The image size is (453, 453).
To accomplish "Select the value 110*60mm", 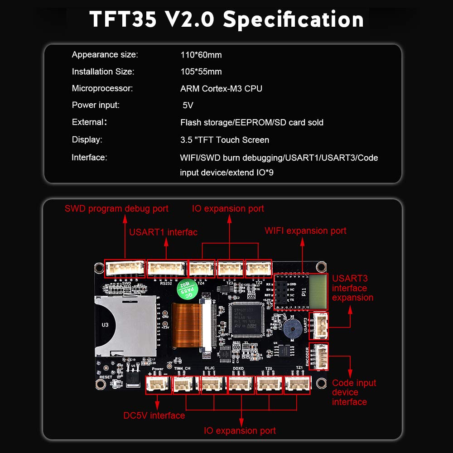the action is [201, 55].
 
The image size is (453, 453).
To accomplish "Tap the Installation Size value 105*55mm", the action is [201, 72].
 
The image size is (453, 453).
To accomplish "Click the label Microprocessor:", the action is [102, 88].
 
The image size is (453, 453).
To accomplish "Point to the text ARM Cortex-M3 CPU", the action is [221, 88].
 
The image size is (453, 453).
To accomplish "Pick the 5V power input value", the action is [188, 105].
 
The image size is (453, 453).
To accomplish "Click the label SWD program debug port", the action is [116, 209].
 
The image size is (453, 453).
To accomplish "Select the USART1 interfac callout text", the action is [163, 232].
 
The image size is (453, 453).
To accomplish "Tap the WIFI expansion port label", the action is [305, 231].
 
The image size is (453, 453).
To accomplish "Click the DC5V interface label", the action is [154, 415].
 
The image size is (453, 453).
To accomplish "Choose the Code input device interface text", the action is [354, 392].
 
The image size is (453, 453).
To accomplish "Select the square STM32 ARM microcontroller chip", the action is [247, 319].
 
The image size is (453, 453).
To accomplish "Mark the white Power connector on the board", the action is [158, 386].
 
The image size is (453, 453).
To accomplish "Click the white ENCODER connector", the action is [319, 357].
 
